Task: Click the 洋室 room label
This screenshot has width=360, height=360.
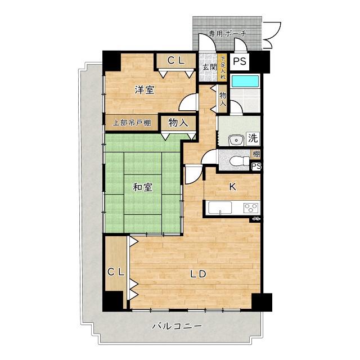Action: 145,90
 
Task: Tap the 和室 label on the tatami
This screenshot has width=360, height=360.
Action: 142,187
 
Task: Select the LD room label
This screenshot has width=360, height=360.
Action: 199,274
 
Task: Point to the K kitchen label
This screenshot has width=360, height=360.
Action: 232,187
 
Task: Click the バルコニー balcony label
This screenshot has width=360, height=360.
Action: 177,326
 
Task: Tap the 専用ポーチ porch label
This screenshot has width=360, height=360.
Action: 227,34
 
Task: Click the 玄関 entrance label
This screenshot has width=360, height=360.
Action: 209,67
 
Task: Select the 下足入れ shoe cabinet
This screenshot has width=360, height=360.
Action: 222,67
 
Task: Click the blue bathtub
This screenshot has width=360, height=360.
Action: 245,81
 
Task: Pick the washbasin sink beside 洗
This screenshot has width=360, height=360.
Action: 236,140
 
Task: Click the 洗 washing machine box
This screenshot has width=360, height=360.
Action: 253,138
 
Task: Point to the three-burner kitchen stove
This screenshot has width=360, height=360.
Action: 251,208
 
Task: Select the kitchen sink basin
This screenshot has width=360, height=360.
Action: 220,208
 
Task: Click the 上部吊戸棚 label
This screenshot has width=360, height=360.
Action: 132,123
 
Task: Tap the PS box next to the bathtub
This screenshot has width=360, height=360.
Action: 240,61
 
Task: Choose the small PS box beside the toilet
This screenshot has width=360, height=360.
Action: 256,166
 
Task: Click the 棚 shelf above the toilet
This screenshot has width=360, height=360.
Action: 256,154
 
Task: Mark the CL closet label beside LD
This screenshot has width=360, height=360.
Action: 116,272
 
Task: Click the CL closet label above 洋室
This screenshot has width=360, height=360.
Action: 176,61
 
